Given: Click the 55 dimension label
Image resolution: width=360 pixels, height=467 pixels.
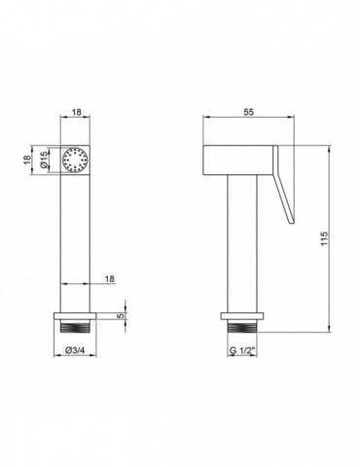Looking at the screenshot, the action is click(x=248, y=112).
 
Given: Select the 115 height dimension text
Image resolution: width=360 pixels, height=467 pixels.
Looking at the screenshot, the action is click(x=325, y=238).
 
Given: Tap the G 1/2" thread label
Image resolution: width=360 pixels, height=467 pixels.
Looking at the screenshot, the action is click(x=242, y=350).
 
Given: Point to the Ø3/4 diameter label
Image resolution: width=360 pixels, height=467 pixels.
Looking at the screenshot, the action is click(x=75, y=350).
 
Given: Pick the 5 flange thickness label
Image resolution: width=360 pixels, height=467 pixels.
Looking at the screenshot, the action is click(x=121, y=316).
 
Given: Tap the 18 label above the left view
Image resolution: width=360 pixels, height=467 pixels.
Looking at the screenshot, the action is click(x=76, y=112).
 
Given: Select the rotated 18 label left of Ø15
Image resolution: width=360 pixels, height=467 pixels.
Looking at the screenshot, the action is click(x=27, y=160).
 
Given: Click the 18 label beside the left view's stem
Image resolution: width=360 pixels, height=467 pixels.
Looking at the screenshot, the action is click(x=110, y=278).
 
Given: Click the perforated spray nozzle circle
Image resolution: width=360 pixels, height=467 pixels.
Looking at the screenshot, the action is click(x=75, y=160).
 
